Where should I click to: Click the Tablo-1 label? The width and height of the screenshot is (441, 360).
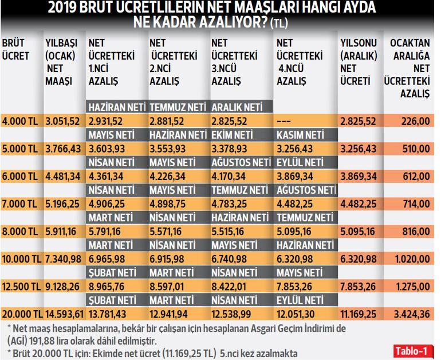pos(411,350)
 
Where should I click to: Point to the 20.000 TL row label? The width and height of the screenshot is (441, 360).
pos(22,314)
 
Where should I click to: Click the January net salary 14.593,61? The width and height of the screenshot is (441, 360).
pos(65,314)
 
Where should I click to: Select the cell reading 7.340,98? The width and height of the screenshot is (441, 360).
pos(65,259)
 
